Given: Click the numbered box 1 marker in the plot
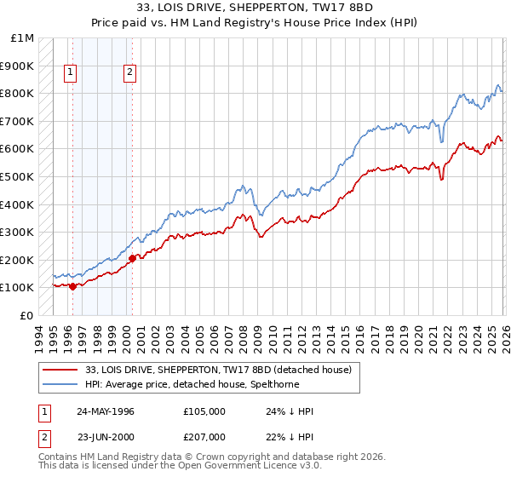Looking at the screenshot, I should pyautogui.click(x=70, y=73).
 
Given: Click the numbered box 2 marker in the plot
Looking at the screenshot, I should pyautogui.click(x=130, y=73).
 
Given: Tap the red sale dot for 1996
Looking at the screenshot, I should pyautogui.click(x=72, y=286).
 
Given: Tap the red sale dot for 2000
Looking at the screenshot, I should pyautogui.click(x=132, y=257).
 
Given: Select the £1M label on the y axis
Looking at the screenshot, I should pyautogui.click(x=22, y=38).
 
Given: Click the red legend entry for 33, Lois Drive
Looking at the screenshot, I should pyautogui.click(x=224, y=370).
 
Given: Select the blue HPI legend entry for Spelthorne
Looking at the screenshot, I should pyautogui.click(x=222, y=385).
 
